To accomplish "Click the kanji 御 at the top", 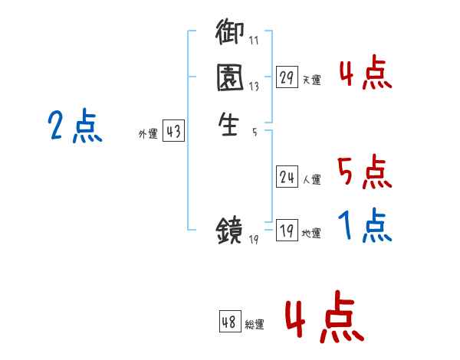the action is [230, 33].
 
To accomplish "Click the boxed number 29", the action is [287, 77].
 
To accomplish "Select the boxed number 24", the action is [287, 178].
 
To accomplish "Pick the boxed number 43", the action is [173, 132].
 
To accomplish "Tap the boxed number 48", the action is [229, 322].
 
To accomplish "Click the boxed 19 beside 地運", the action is [287, 231].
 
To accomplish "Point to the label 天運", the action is [311, 80].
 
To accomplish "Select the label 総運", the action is [255, 324].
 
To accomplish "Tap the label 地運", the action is [311, 234].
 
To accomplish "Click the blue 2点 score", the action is [74, 126].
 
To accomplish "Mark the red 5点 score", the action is [364, 172].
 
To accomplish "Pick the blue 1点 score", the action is [364, 226].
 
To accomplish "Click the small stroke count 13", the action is [254, 87].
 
